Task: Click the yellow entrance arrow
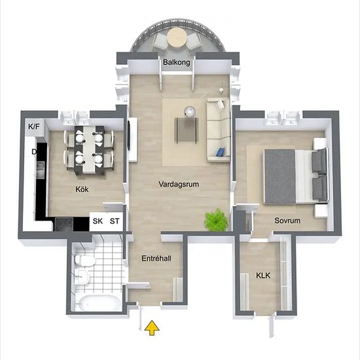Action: tap(152, 328)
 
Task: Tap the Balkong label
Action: tap(177, 62)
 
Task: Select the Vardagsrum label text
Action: tap(179, 184)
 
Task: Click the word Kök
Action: tap(82, 189)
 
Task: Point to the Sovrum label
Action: tap(287, 221)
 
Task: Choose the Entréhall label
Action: tap(156, 259)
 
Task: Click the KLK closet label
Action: tap(263, 276)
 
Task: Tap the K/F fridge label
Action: tap(34, 126)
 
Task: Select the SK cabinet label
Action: tap(98, 221)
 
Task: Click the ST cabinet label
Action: tap(115, 221)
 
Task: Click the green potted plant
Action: tap(216, 220)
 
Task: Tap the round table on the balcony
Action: tap(177, 37)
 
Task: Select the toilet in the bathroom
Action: tap(84, 260)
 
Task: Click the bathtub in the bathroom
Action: tap(98, 302)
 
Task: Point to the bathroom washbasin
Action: tap(82, 276)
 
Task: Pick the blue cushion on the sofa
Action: tap(221, 152)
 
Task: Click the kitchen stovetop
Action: tap(64, 225)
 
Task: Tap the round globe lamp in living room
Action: tap(190, 112)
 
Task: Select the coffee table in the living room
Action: tap(186, 130)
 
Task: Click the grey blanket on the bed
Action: tap(279, 176)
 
